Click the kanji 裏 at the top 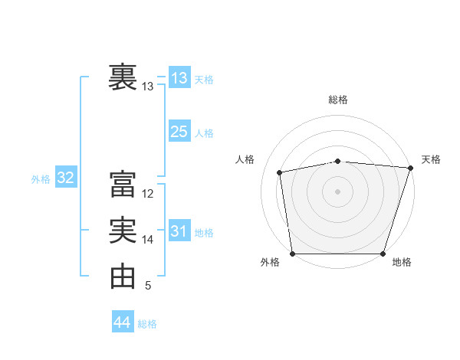pos(123,78)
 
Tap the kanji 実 pos(123,231)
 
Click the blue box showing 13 pos(179,78)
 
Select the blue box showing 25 pos(179,132)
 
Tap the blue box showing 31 pos(179,231)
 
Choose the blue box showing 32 pos(66,178)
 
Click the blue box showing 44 pos(123,322)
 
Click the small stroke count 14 pos(149,240)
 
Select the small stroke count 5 pos(148,286)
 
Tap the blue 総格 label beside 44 pos(147,324)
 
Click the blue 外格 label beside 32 pos(41,179)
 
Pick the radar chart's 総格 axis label pos(338,100)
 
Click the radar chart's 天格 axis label pos(431,159)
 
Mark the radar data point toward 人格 pos(280,172)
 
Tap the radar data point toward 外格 pos(292,254)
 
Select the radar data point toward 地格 pos(383,254)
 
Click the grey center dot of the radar pos(337,191)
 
